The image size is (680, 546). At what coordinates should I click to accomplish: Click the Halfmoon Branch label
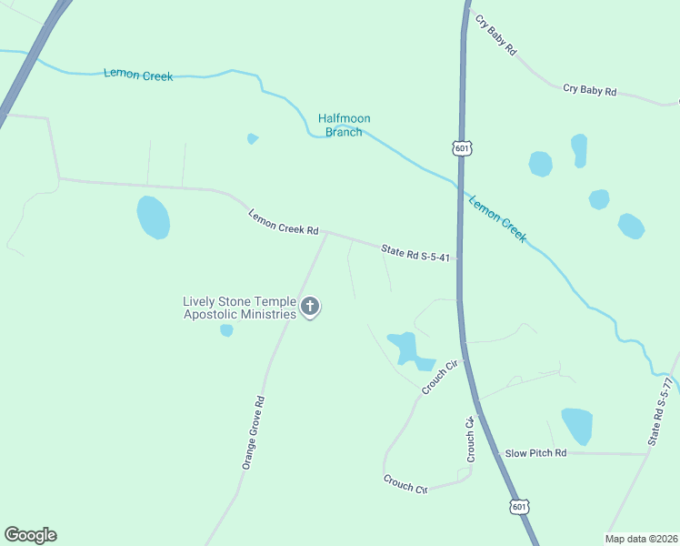pyautogui.click(x=344, y=125)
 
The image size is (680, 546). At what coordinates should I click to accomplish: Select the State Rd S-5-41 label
pyautogui.click(x=415, y=253)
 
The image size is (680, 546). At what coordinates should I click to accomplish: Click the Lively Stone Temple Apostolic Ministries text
pyautogui.click(x=239, y=308)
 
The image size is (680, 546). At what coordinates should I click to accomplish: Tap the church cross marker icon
pyautogui.click(x=310, y=307)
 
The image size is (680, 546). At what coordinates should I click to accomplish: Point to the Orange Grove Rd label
pyautogui.click(x=253, y=432)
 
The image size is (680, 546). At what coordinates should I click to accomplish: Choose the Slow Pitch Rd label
pyautogui.click(x=536, y=452)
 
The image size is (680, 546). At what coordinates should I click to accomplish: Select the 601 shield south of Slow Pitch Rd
pyautogui.click(x=518, y=506)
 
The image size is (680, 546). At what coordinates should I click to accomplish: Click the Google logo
pyautogui.click(x=30, y=535)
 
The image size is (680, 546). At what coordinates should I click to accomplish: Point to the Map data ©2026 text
pyautogui.click(x=642, y=539)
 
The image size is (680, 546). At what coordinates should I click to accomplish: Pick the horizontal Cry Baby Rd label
pyautogui.click(x=590, y=90)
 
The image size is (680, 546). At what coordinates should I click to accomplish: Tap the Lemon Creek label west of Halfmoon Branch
pyautogui.click(x=138, y=75)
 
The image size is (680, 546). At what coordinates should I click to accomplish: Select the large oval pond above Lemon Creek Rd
pyautogui.click(x=153, y=217)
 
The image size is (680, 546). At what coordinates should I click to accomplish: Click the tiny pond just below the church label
pyautogui.click(x=226, y=330)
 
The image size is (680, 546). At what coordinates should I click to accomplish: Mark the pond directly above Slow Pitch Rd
pyautogui.click(x=576, y=426)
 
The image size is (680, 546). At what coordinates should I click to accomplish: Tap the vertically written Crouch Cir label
pyautogui.click(x=471, y=440)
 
